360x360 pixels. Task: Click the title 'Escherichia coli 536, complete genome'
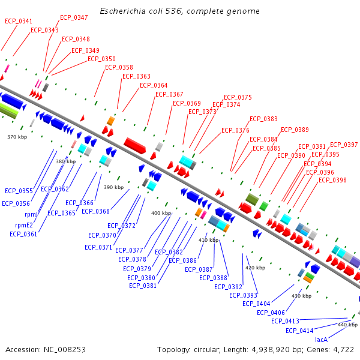179,11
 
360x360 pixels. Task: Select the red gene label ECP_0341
19,21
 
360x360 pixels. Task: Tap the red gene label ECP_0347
74,18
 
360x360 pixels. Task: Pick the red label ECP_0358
119,67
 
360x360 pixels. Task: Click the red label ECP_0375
238,97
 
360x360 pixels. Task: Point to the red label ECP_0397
344,145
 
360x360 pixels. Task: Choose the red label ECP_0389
295,130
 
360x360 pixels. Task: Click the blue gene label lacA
321,340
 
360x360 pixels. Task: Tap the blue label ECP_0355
19,191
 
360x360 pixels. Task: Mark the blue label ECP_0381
143,286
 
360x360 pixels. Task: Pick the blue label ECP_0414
299,331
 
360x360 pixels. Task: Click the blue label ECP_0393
243,295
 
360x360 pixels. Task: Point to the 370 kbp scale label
17,137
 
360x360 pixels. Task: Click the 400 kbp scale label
161,213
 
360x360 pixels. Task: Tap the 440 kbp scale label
347,325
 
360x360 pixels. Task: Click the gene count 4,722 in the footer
344,349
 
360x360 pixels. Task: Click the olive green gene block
252,199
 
